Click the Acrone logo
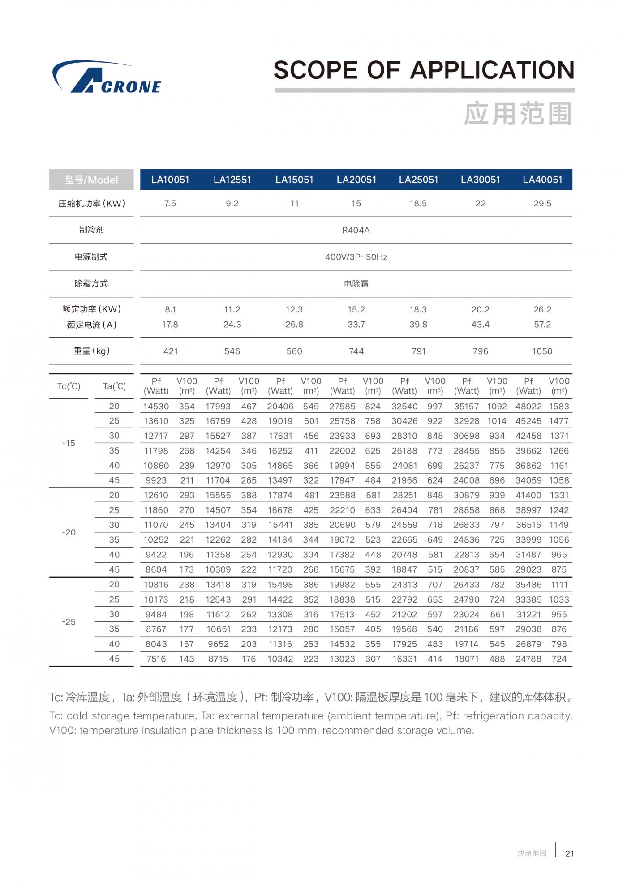(107, 79)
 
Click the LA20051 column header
(356, 180)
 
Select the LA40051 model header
(542, 180)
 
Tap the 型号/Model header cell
(91, 180)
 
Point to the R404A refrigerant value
(356, 231)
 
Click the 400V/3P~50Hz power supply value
(356, 257)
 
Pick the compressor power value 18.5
(418, 204)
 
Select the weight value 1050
(542, 351)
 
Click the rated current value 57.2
(542, 325)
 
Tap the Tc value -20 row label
(69, 532)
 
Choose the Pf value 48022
(528, 407)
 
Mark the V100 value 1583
(559, 407)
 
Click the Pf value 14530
(156, 407)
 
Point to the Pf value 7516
(156, 659)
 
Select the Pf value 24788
(528, 659)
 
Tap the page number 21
(569, 854)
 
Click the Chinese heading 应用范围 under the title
(518, 114)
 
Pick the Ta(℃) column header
(114, 386)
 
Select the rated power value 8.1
(170, 310)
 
